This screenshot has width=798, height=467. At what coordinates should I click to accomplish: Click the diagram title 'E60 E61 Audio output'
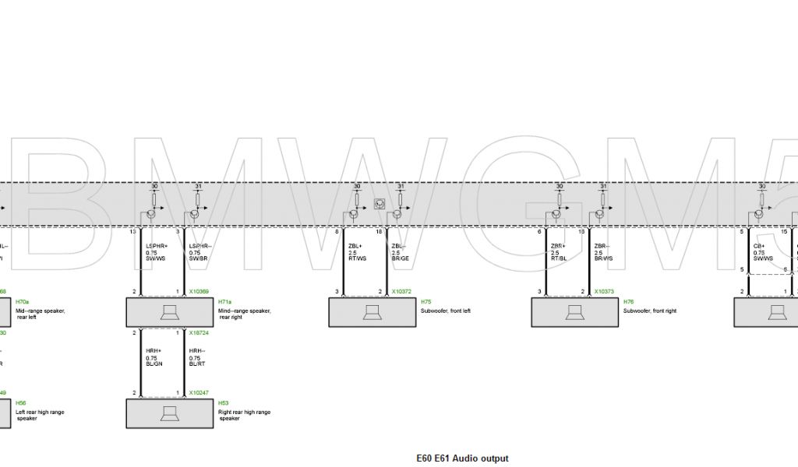pos(463,458)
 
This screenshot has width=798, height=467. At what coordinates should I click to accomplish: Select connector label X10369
pos(199,292)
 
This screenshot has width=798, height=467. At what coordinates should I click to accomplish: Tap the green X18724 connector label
pos(199,332)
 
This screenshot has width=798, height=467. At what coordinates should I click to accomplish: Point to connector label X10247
pos(199,393)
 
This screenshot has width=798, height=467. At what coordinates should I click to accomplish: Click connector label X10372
pos(401,292)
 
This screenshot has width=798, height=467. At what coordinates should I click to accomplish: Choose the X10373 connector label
pos(604,292)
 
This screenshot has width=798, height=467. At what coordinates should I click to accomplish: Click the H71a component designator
pos(225,301)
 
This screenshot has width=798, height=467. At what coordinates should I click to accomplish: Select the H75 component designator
pos(425,301)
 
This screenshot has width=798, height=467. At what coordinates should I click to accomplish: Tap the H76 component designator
pos(628,301)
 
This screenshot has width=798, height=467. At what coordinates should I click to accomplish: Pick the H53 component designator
pos(224,402)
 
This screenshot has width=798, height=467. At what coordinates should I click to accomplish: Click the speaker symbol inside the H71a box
pos(170,312)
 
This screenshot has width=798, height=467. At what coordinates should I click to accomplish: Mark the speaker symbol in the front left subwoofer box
pos(373,312)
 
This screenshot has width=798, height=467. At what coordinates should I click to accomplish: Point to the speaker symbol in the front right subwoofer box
pos(575,312)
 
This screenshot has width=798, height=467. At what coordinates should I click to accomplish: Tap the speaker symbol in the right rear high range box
pos(170,413)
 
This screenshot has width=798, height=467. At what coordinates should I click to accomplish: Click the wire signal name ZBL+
pos(355,246)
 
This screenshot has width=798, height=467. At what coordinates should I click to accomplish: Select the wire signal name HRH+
pos(153,351)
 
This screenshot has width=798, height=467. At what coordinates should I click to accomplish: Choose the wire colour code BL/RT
pos(196,363)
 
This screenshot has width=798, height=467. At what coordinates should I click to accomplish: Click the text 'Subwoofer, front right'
pos(650,311)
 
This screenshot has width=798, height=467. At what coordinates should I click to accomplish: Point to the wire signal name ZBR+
pos(559,246)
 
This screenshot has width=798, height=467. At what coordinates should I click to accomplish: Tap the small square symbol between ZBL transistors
pos(380,204)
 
